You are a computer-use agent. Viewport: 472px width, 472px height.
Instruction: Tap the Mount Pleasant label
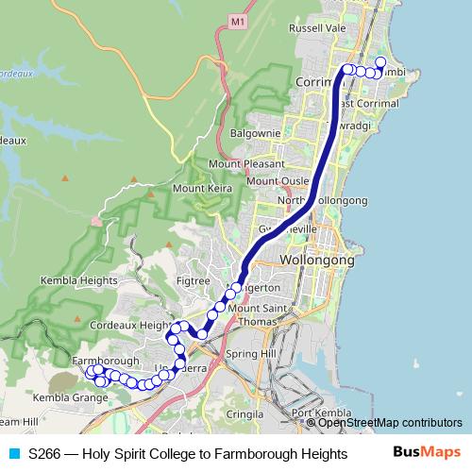(240, 163)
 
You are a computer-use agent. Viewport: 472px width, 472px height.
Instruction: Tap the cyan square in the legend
(13, 453)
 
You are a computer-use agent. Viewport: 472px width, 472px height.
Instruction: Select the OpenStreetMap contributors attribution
(390, 423)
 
